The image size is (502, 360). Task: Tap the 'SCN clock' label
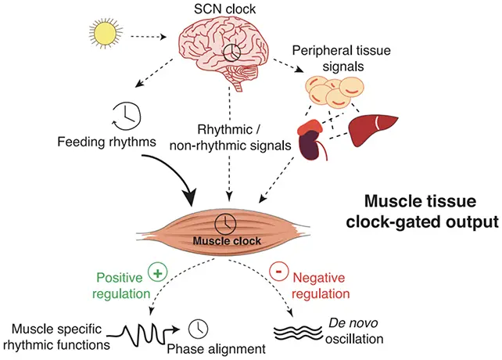(224, 9)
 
